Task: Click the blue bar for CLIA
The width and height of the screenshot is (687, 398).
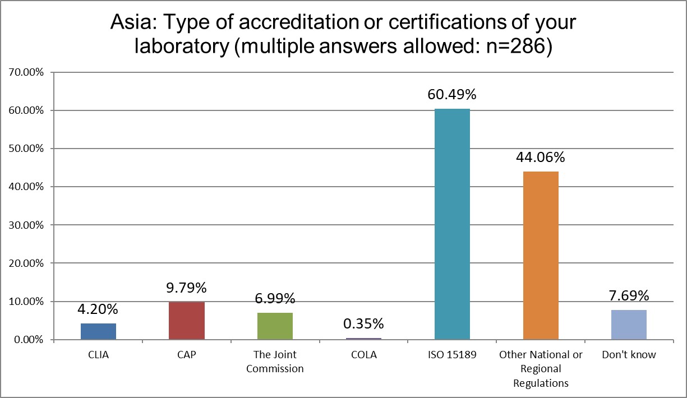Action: (98, 331)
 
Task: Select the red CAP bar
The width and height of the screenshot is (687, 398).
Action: (187, 321)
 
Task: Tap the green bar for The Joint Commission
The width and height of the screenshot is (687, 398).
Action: (275, 326)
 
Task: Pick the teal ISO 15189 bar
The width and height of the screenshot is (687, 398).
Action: (452, 224)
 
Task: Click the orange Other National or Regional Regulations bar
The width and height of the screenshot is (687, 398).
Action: (541, 256)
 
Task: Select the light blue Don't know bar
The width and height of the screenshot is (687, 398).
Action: (629, 325)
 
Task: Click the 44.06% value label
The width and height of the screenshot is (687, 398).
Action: (541, 157)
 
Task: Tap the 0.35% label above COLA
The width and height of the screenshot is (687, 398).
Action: (363, 323)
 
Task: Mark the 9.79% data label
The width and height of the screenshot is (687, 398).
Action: (187, 288)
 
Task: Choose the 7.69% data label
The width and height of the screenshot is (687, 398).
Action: (629, 295)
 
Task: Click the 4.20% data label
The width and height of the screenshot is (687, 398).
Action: (98, 309)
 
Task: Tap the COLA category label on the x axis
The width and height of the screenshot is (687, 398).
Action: (363, 355)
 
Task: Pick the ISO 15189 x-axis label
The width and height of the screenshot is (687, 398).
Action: (452, 355)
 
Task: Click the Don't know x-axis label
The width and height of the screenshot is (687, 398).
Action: (629, 355)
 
